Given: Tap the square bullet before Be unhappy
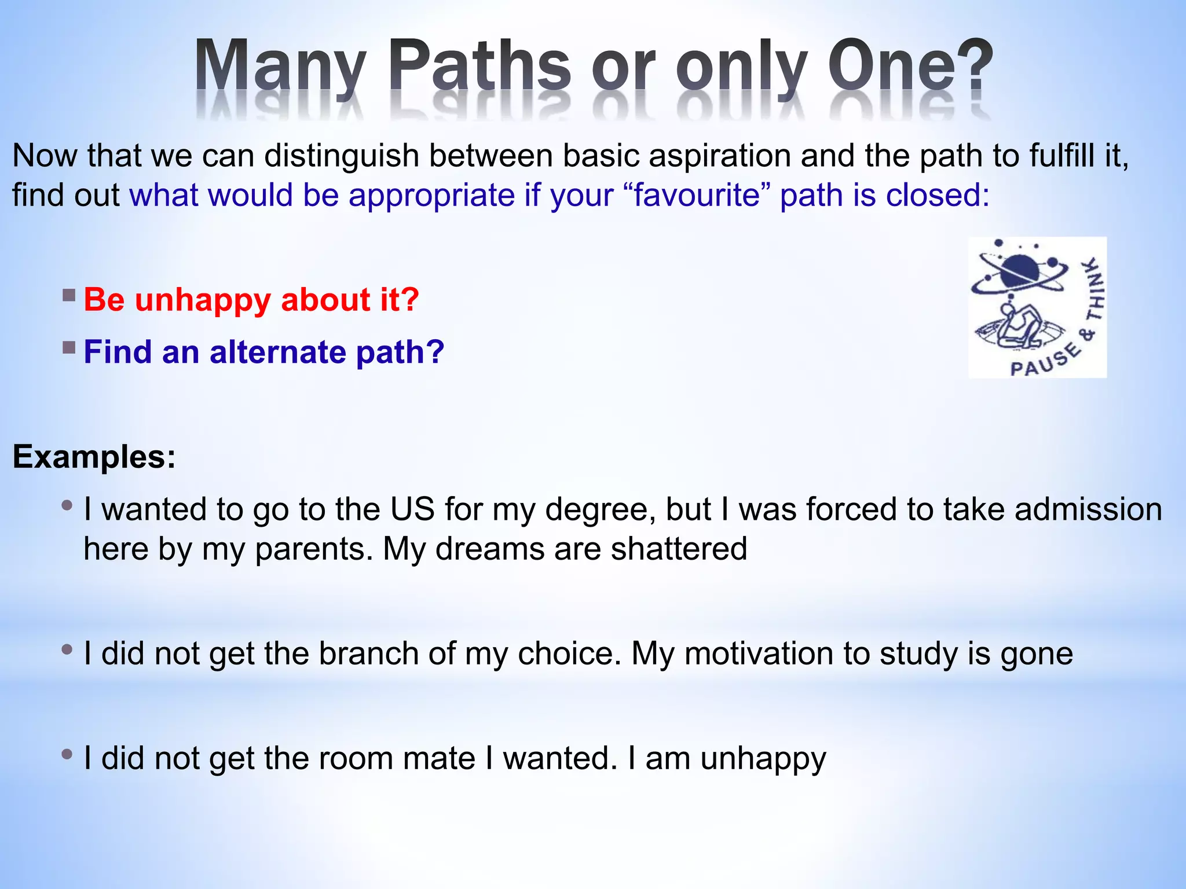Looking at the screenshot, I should pos(69,296).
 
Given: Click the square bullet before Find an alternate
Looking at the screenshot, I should pos(69,348).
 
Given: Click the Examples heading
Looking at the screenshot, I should pos(94,457).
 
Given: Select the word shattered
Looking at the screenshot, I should pos(679,549).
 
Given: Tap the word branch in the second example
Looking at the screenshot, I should pos(368,653).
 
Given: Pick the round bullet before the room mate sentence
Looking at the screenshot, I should pos(67,754).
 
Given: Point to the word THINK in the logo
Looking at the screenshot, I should pos(1094,289).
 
